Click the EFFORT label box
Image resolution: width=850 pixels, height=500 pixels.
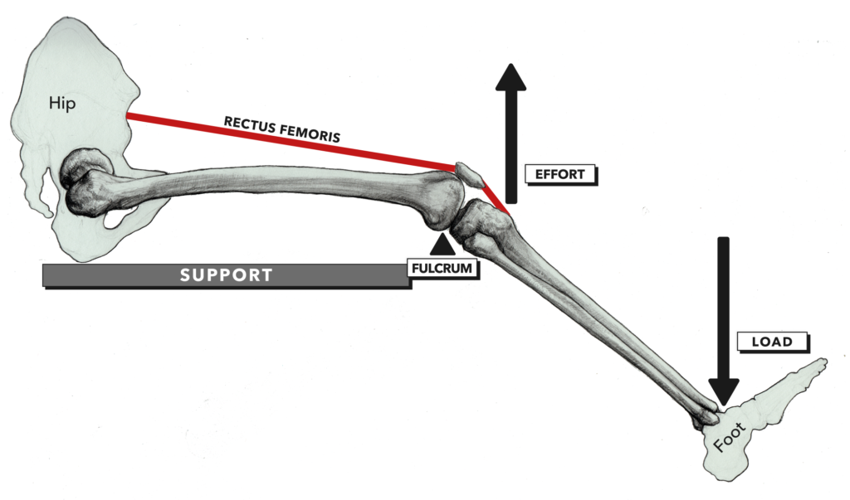pos(560,175)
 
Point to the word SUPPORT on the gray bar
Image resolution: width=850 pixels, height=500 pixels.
pos(227,275)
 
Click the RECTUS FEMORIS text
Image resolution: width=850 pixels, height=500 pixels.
pos(282,129)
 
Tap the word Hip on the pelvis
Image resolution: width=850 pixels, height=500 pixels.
pos(61,103)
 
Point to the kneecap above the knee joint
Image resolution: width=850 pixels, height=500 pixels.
pos(468,173)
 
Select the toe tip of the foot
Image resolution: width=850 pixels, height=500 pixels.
pos(822,362)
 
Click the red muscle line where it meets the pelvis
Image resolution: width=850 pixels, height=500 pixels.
pos(129,117)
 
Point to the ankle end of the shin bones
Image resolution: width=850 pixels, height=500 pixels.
pos(706,410)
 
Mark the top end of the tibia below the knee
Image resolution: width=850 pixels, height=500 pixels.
pos(486,222)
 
